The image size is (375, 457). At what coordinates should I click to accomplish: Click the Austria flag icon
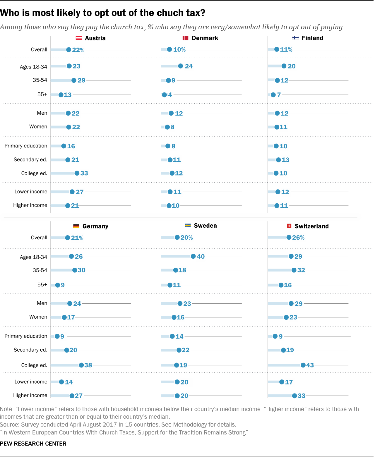point(78,38)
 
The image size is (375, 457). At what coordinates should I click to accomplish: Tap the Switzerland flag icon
point(289,226)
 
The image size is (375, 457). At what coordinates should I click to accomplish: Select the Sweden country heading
point(205,226)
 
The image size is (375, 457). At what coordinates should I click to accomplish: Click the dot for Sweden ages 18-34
point(193,256)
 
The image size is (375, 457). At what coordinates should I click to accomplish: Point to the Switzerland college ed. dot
point(303,365)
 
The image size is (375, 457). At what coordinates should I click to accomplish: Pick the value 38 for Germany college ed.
point(88,365)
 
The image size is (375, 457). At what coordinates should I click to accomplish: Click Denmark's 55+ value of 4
point(170,95)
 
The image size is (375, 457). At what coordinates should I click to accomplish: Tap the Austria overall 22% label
point(78,50)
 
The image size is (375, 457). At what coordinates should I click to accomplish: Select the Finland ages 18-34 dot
point(284,66)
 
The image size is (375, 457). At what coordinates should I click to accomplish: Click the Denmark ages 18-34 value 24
point(189,66)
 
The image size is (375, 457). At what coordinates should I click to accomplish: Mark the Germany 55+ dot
point(58,285)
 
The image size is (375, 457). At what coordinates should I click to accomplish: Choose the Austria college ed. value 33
point(84,173)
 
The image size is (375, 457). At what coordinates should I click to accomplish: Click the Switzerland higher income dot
point(294,396)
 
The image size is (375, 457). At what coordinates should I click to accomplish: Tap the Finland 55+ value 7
point(279,95)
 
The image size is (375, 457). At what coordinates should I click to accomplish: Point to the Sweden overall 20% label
point(186,238)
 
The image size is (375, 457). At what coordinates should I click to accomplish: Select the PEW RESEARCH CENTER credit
point(33,444)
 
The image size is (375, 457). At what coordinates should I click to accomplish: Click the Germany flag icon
point(76,226)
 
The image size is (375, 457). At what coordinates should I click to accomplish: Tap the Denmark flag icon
point(185,38)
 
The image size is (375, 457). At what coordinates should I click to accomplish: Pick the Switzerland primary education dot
point(275,336)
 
